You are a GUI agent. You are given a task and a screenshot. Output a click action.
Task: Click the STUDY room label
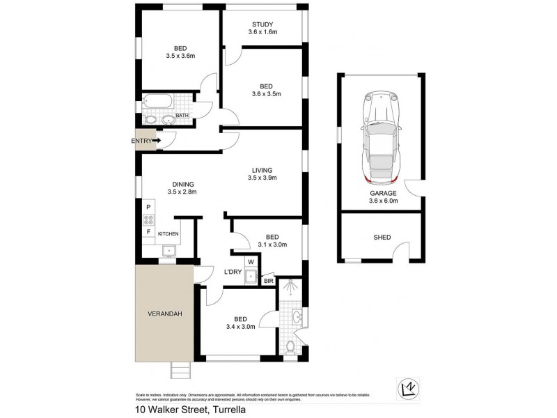[x=263, y=28]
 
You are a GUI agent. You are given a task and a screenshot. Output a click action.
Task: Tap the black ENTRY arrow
[x=157, y=141]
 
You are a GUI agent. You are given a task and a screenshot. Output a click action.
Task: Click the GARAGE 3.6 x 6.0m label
[x=383, y=196]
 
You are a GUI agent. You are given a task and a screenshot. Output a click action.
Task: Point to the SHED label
[x=382, y=237]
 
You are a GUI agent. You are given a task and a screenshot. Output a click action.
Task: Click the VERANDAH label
[x=164, y=314]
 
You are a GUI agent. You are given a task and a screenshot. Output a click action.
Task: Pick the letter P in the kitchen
[x=148, y=207]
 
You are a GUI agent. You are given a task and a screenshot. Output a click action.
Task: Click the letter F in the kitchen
[x=148, y=232]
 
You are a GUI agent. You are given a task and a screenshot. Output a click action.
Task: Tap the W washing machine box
[x=250, y=263]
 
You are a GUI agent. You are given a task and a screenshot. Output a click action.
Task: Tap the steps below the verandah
[x=180, y=371]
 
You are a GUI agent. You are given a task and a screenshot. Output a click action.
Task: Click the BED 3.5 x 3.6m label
[x=180, y=52]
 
